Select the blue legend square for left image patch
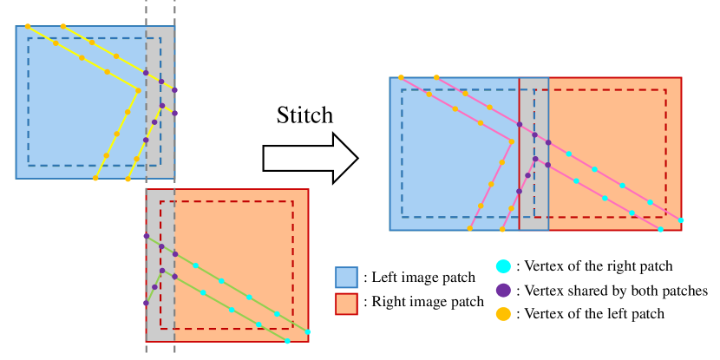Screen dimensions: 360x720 point(346,278)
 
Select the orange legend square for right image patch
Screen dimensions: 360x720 point(346,304)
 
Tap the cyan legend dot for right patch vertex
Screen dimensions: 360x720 point(502,266)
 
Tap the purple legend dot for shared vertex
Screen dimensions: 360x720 point(502,290)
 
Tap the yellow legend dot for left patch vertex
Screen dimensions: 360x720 point(502,313)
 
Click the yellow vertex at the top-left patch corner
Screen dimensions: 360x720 point(28,26)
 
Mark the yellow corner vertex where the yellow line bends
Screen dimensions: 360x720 point(139,88)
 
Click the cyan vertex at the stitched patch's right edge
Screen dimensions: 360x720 point(680,220)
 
